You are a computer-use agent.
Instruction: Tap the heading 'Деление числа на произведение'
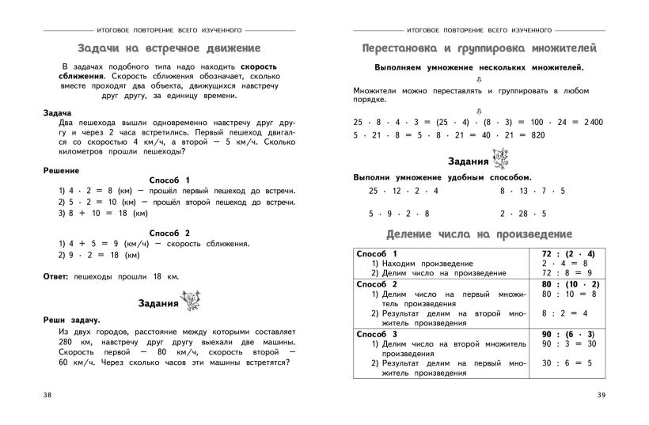point(479,235)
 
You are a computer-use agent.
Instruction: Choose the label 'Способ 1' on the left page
point(170,180)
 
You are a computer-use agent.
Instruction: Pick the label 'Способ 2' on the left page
point(170,233)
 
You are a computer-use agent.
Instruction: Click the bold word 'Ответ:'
point(58,275)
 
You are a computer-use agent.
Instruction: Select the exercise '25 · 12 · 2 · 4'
point(403,192)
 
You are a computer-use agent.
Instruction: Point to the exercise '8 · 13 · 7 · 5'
point(532,192)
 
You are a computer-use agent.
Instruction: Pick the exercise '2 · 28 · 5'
point(522,214)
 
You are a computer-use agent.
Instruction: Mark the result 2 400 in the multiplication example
point(589,121)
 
